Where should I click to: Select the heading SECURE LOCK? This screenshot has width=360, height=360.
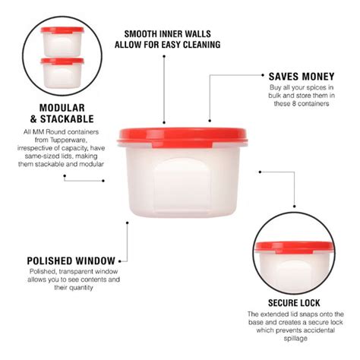(x=288, y=302)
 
